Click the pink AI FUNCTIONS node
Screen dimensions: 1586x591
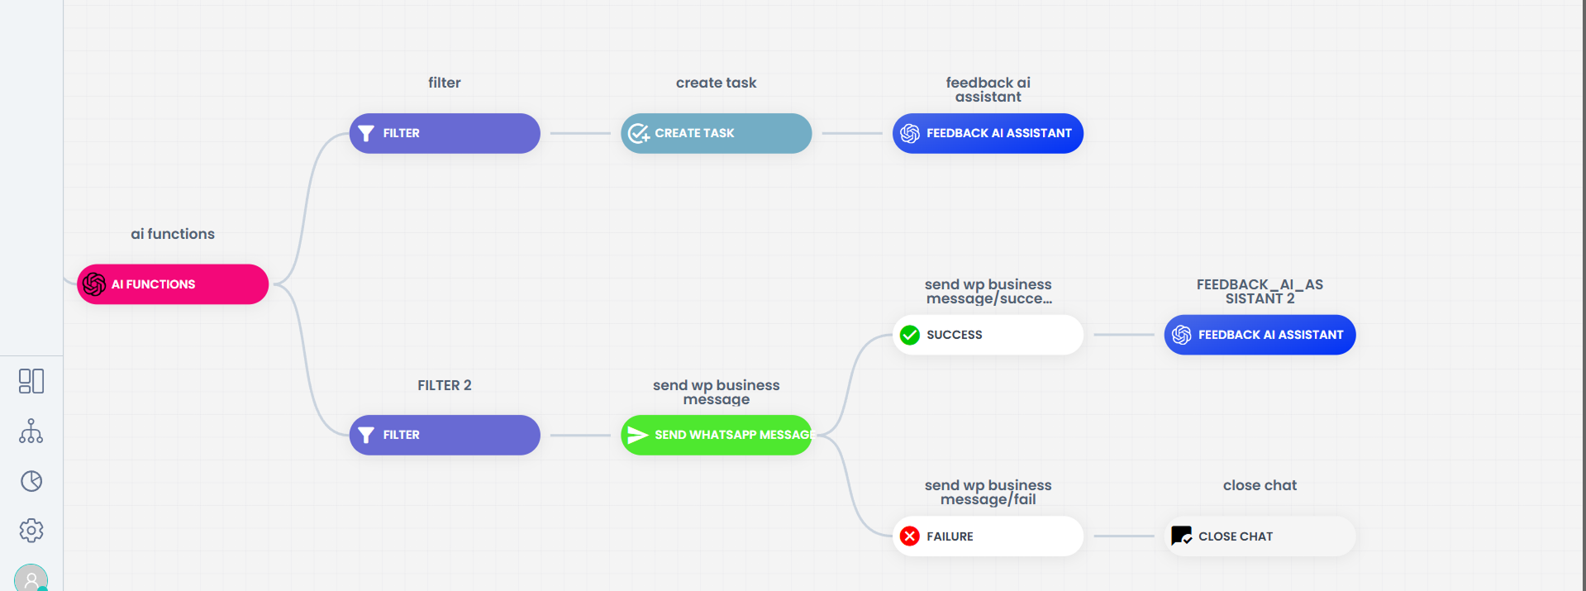pos(173,284)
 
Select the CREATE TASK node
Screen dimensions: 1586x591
pos(716,133)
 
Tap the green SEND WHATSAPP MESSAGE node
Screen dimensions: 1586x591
pos(716,435)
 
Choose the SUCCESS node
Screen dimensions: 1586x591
pos(988,335)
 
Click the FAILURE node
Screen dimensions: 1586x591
pos(988,536)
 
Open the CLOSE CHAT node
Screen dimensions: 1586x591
pos(1260,536)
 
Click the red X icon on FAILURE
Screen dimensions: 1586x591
pos(910,536)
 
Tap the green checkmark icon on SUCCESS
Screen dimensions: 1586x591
pos(910,335)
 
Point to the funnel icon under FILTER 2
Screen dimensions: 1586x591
pos(366,435)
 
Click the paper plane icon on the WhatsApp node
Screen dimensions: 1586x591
pos(637,435)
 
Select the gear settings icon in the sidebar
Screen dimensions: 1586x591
pos(31,531)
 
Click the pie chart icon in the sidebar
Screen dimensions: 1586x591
pos(31,481)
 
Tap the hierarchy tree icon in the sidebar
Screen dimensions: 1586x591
pos(31,431)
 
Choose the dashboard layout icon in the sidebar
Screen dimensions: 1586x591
pos(31,381)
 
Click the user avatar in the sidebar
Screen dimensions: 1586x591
pos(31,579)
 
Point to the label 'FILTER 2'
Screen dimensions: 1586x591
pos(445,385)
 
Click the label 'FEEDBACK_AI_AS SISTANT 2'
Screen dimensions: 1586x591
pos(1260,291)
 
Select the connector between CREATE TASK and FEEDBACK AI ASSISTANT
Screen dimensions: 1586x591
pos(852,133)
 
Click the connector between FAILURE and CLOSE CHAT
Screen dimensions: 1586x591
pos(1124,536)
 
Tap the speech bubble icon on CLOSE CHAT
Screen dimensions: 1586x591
pos(1182,536)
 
